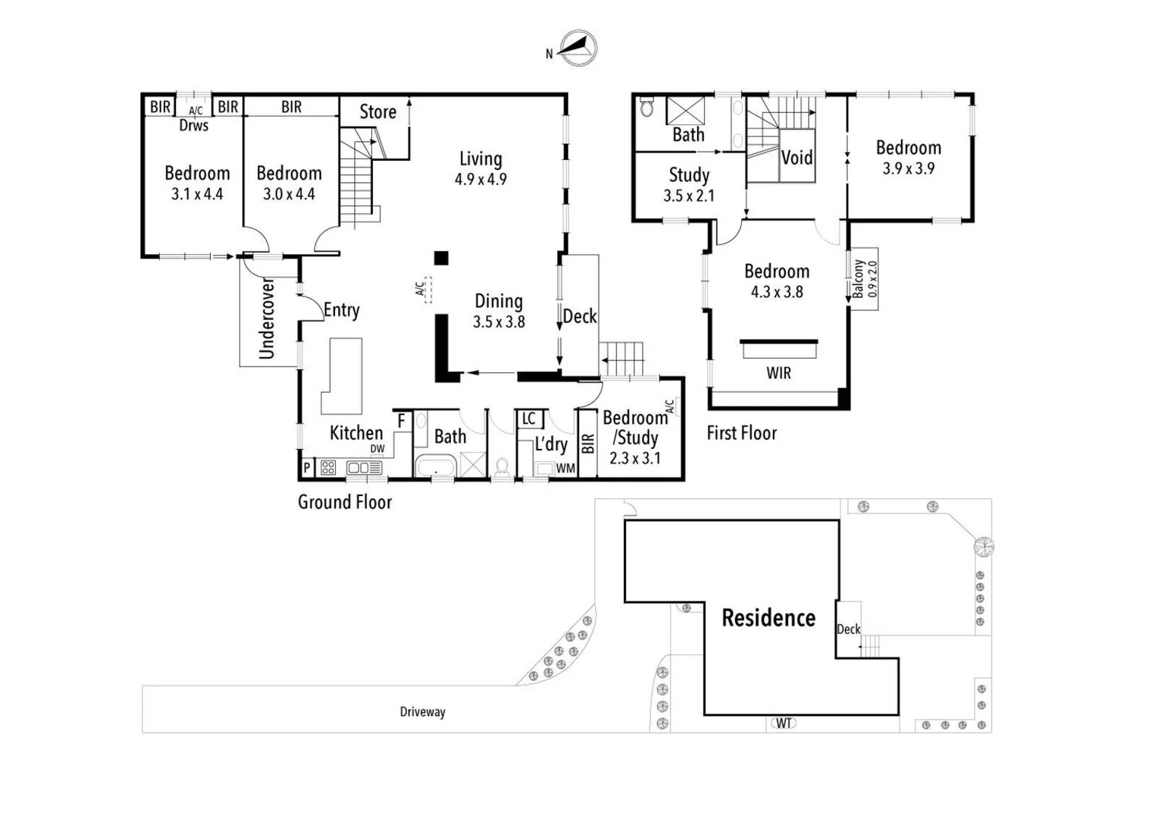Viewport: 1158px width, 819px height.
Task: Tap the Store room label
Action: click(x=377, y=112)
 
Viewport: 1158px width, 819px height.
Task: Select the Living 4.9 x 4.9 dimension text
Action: click(x=480, y=180)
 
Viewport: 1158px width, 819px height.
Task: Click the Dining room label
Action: click(x=498, y=301)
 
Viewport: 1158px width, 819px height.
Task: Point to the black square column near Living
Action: click(x=441, y=258)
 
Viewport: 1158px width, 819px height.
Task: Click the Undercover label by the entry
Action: click(x=267, y=318)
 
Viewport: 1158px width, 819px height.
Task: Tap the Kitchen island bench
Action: click(x=343, y=375)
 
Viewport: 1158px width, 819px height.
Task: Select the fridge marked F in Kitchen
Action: click(x=402, y=421)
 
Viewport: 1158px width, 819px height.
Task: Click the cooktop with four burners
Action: click(x=328, y=468)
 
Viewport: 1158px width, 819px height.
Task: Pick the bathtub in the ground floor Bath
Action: click(x=435, y=466)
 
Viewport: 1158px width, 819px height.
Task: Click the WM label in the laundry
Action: click(x=565, y=469)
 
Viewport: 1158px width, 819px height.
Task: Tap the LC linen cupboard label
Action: click(x=529, y=419)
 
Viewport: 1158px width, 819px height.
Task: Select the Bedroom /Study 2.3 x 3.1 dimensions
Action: click(x=635, y=458)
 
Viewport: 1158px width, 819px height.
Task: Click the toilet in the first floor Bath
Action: click(x=646, y=107)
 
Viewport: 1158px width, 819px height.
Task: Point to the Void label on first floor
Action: click(x=797, y=158)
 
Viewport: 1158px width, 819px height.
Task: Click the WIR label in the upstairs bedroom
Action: click(x=778, y=373)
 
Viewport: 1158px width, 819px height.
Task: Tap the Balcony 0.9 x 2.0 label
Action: click(x=864, y=279)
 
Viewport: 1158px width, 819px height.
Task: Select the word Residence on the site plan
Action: click(x=768, y=618)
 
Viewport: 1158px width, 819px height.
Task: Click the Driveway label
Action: click(x=422, y=712)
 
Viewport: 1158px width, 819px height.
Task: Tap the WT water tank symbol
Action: click(x=784, y=723)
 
